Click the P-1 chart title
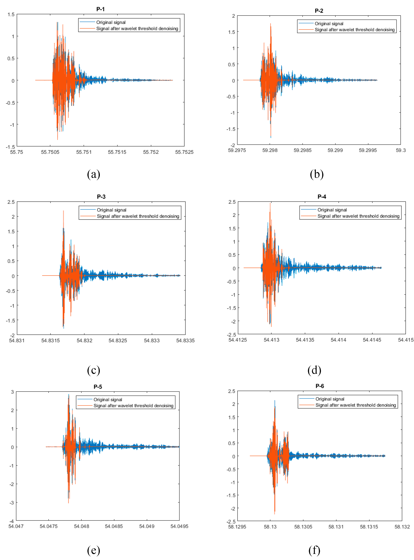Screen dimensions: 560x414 coord(100,9)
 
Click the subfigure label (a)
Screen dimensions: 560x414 coord(94,174)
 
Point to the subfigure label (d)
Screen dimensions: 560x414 coord(314,370)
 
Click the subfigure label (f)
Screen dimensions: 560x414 coord(314,550)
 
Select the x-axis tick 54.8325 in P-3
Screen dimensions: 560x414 coord(118,340)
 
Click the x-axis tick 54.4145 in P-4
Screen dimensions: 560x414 coord(372,340)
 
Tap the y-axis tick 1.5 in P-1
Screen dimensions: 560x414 coord(11,15)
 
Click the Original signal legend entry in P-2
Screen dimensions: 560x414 coord(329,24)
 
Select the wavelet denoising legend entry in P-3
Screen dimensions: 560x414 coord(138,216)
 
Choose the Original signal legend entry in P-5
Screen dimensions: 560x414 coord(108,400)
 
